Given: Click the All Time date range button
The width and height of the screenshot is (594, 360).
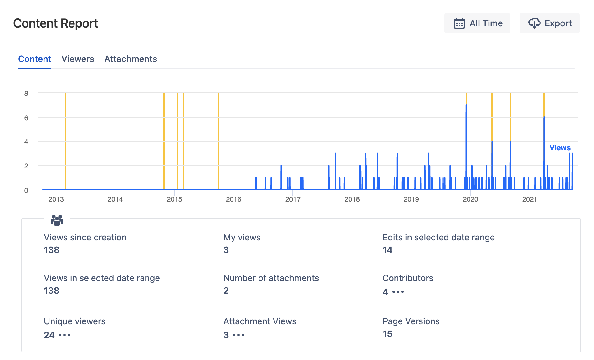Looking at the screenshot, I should click(x=477, y=23).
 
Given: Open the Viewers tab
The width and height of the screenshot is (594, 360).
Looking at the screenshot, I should click(x=78, y=59).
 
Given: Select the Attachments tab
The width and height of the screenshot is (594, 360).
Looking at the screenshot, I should click(x=131, y=59).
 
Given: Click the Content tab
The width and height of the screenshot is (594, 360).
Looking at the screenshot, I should click(x=35, y=59).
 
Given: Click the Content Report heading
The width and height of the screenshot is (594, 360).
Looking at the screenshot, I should click(x=55, y=23).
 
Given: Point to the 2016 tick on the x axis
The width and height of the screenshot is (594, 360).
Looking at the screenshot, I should click(x=233, y=199).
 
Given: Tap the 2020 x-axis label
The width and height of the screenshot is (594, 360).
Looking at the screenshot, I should click(x=470, y=199).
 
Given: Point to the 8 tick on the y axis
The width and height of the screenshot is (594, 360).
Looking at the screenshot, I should click(x=26, y=93).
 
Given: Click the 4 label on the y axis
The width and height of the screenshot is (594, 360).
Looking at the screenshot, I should click(x=26, y=141).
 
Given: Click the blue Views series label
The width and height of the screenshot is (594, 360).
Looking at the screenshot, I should click(x=560, y=148).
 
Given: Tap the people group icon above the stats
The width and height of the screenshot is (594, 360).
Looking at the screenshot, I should click(x=57, y=220).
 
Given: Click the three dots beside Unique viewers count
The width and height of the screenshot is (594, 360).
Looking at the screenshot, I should click(x=64, y=335).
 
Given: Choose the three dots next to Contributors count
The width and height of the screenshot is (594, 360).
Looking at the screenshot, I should click(x=398, y=292).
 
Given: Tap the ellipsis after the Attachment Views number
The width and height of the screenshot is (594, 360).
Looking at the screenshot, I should click(x=238, y=335).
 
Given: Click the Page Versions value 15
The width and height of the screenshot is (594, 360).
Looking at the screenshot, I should click(x=387, y=334).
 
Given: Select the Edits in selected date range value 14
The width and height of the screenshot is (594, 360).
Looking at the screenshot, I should click(x=387, y=250).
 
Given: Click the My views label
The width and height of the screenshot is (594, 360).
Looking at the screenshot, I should click(x=242, y=237).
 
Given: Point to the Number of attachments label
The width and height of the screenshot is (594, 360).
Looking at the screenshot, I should click(x=271, y=278).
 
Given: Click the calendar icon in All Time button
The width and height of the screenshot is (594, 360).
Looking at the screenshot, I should click(x=459, y=23).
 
